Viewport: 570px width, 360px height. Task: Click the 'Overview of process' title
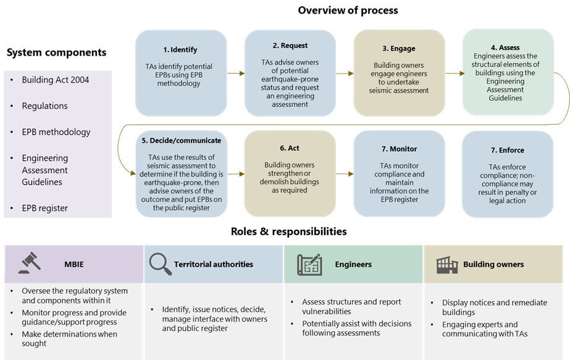click(348, 10)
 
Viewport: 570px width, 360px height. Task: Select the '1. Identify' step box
click(180, 73)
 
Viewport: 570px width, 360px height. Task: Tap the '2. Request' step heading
click(290, 45)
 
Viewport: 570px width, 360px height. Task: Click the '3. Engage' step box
click(399, 73)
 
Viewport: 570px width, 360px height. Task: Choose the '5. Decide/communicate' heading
click(181, 140)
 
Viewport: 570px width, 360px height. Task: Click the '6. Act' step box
click(290, 173)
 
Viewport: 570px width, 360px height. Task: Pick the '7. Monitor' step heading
click(399, 149)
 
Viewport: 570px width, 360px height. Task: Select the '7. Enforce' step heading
click(508, 150)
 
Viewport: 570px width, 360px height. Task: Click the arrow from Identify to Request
click(235, 73)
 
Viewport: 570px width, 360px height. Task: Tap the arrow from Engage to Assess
click(454, 73)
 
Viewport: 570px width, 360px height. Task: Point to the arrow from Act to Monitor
click(345, 174)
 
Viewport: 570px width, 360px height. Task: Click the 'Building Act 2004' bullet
click(55, 80)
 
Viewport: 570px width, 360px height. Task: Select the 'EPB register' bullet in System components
click(44, 208)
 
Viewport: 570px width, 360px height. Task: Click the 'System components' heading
click(56, 53)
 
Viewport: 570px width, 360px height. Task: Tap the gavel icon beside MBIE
click(29, 264)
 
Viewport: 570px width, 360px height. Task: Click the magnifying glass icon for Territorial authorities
click(160, 264)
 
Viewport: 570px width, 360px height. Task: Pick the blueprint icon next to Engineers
click(309, 264)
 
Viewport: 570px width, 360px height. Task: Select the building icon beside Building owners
click(447, 264)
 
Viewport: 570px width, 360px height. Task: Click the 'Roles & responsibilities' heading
click(288, 232)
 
